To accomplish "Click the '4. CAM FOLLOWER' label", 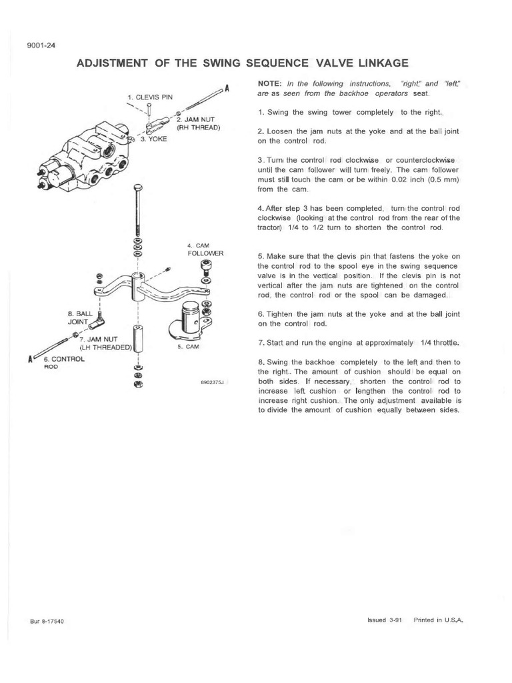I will [205, 250].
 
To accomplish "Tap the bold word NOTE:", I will [271, 84].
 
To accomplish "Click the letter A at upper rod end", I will [227, 87].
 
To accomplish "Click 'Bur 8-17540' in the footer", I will [46, 620].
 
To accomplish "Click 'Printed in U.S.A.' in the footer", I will [438, 619].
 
